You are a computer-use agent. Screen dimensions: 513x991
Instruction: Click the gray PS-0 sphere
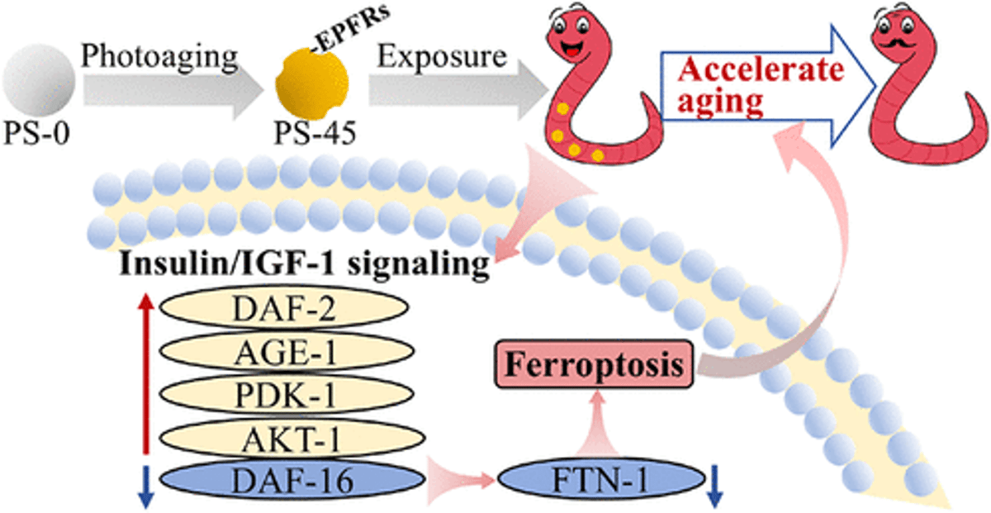pyautogui.click(x=39, y=83)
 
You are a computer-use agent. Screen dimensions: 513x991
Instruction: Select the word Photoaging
pyautogui.click(x=160, y=59)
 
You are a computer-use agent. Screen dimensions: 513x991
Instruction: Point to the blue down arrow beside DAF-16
pyautogui.click(x=146, y=487)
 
